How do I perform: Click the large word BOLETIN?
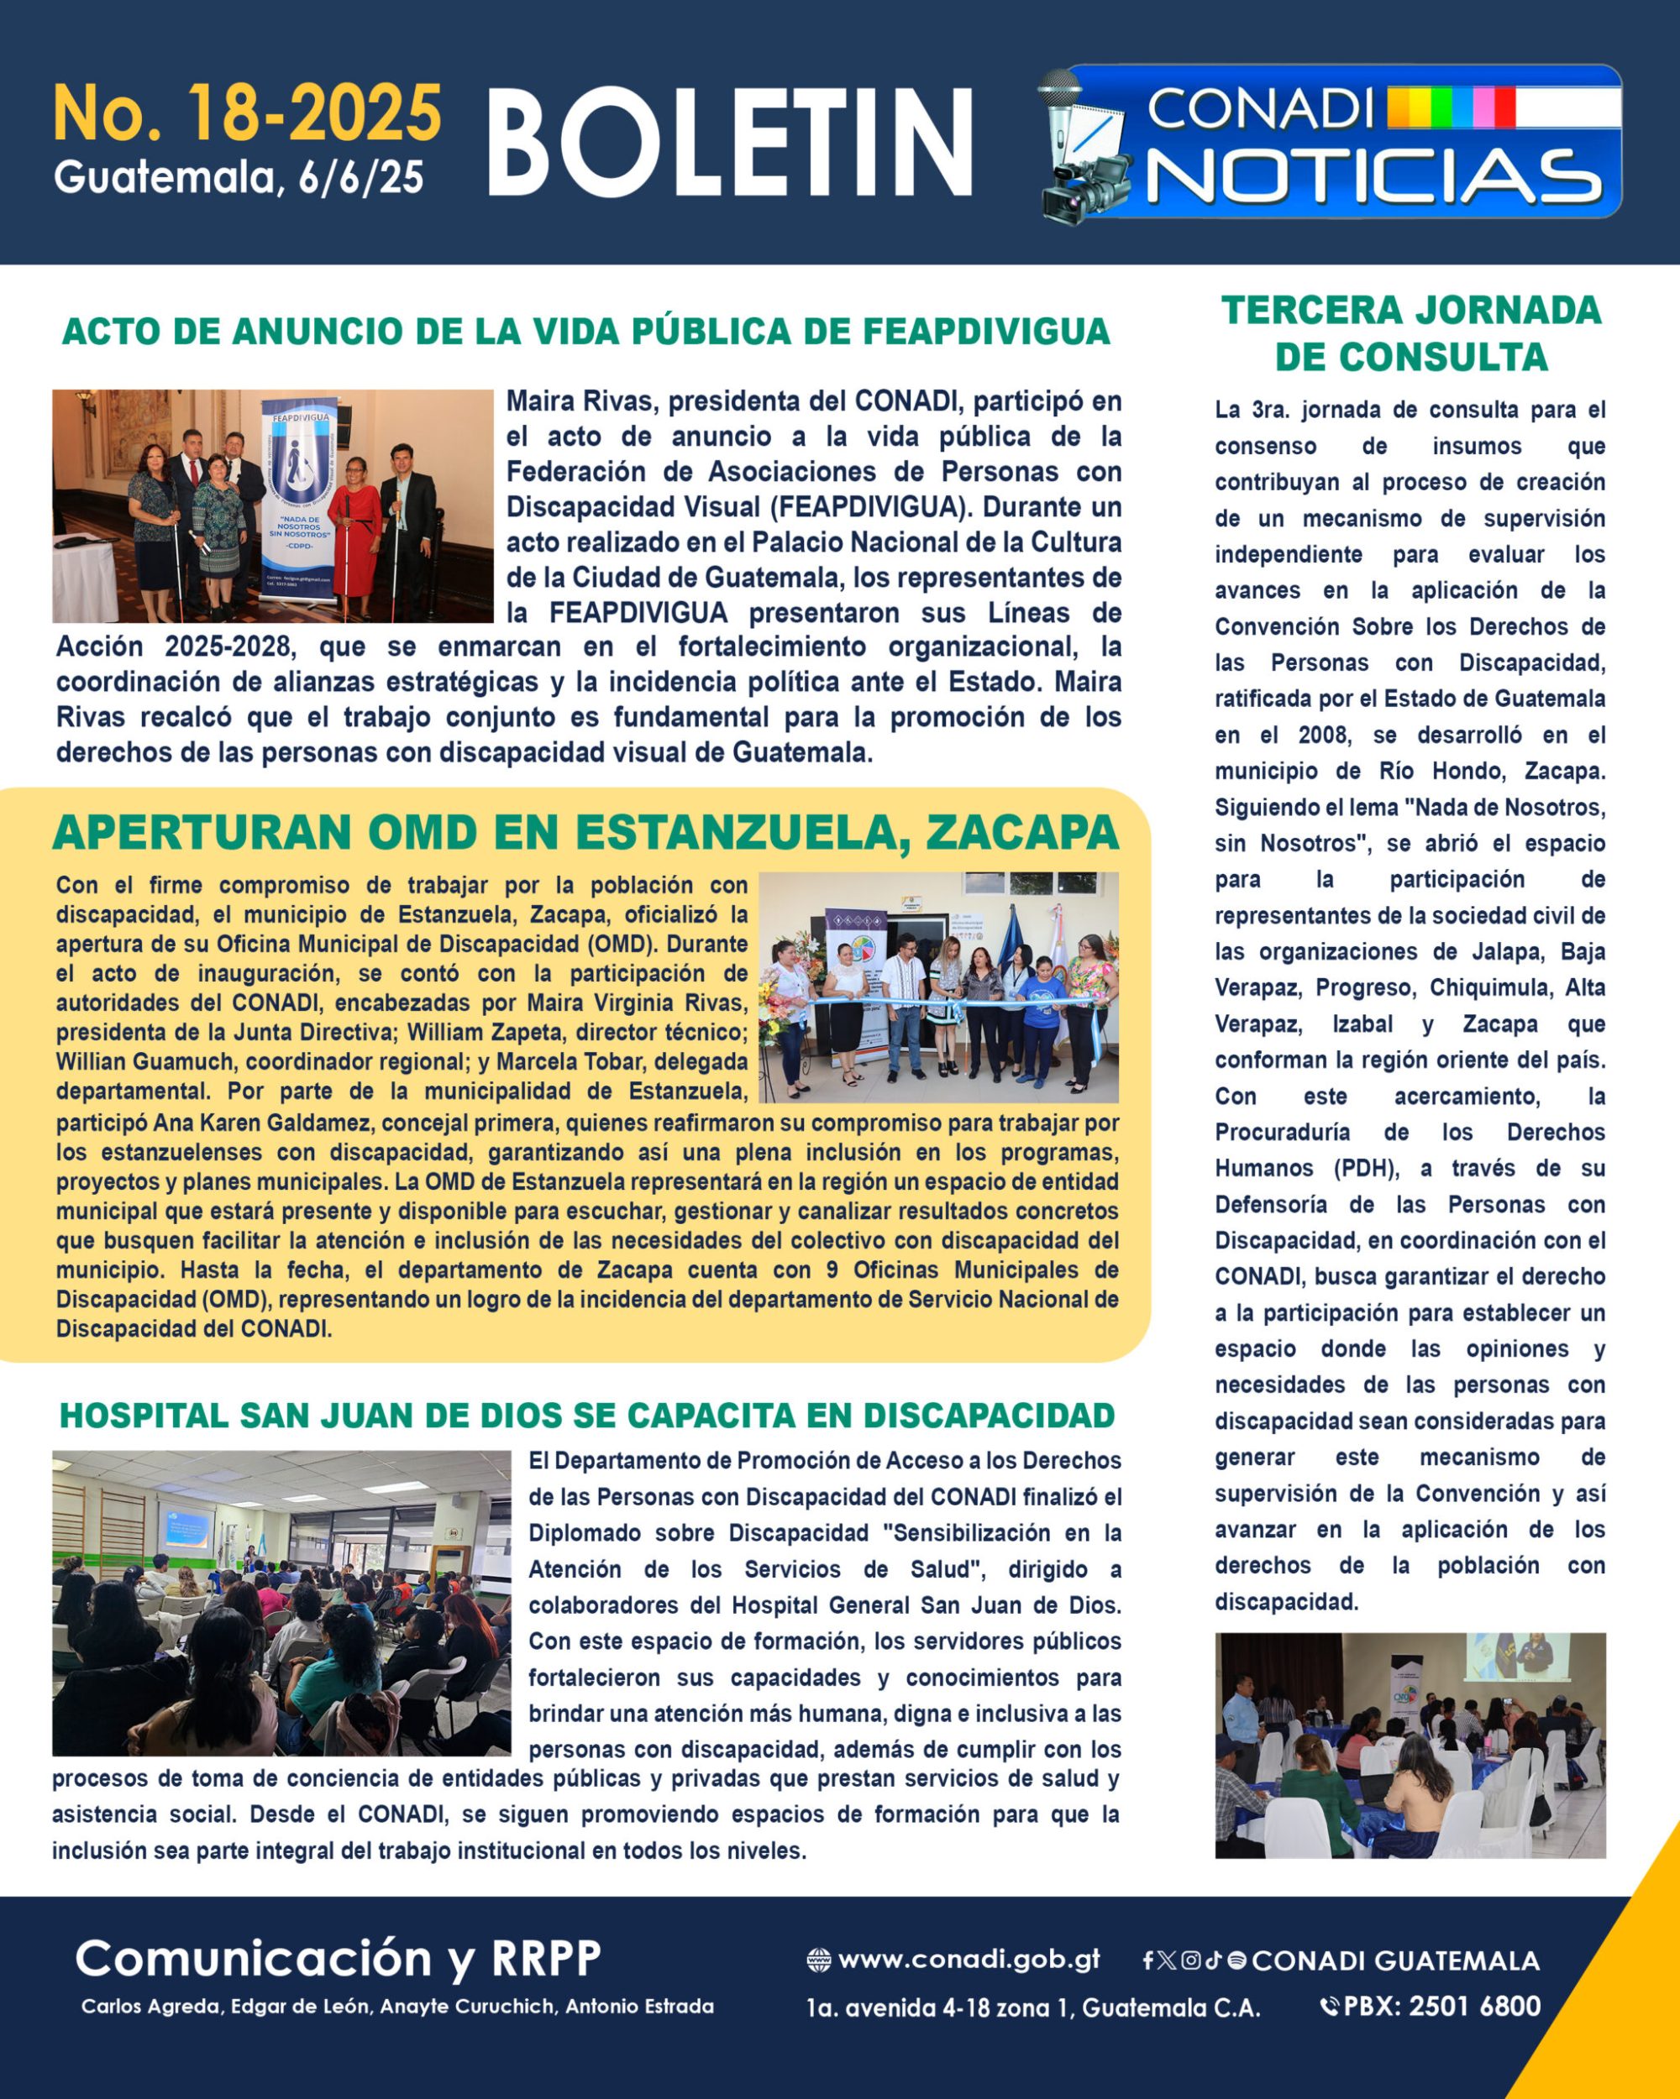click(731, 143)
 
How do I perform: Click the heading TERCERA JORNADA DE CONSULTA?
click(1410, 333)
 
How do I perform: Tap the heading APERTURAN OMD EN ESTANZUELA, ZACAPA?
click(585, 832)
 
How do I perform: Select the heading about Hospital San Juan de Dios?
click(586, 1416)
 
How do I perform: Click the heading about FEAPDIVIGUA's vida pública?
click(585, 331)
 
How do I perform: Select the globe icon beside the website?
click(819, 1960)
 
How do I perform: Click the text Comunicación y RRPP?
click(338, 1957)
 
